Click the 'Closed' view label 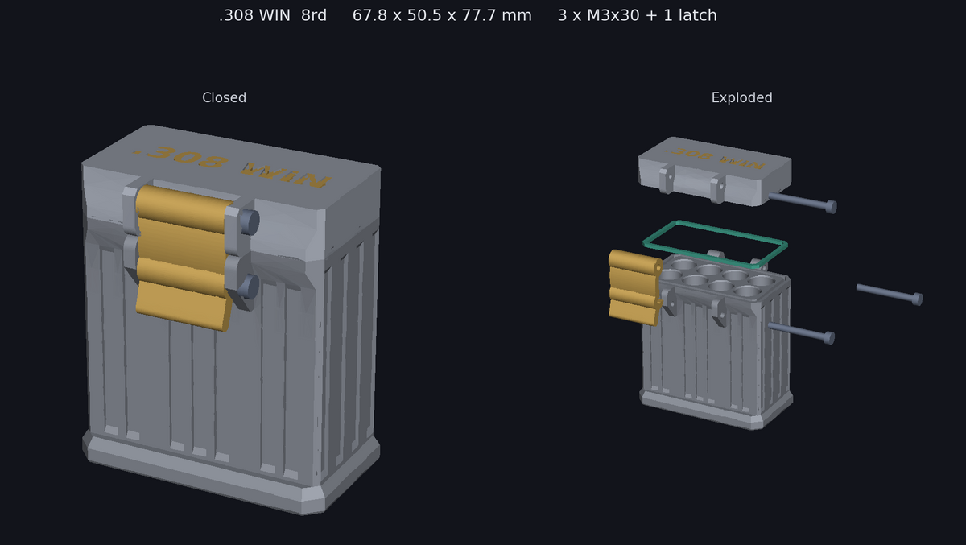pos(225,97)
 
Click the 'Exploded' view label pos(741,97)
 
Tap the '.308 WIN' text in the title pos(254,15)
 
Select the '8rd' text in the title pos(314,15)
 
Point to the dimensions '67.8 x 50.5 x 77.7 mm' pos(442,15)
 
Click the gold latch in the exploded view pos(634,287)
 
